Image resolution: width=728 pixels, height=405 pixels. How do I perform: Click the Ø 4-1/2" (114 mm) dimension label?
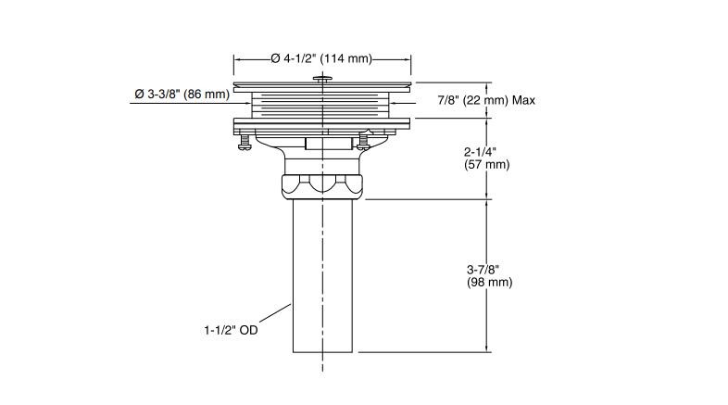[321, 58]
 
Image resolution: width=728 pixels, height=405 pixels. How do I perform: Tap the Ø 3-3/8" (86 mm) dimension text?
[182, 94]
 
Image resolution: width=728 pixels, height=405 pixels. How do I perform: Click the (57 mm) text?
[485, 165]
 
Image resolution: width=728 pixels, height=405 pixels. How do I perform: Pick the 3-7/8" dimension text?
[486, 270]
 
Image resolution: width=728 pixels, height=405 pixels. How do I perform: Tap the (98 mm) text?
[489, 283]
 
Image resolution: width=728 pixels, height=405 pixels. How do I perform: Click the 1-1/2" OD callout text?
[231, 329]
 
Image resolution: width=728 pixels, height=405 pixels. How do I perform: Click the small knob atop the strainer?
[322, 81]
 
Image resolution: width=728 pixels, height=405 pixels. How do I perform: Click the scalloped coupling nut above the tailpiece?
[322, 184]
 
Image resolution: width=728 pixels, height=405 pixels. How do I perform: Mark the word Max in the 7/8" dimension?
[523, 99]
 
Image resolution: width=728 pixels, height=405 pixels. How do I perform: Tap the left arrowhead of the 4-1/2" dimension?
[238, 58]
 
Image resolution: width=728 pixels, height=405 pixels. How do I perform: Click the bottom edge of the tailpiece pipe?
[324, 351]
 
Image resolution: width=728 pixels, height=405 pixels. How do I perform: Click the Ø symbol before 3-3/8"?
[139, 94]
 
